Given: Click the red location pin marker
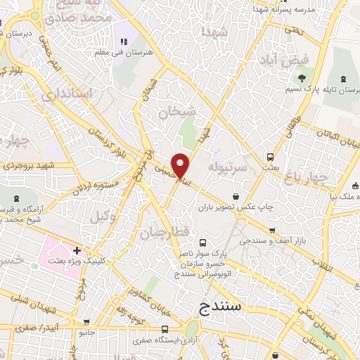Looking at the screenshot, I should [181, 165].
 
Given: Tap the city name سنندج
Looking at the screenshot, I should [214, 308].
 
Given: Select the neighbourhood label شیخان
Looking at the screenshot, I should [174, 111].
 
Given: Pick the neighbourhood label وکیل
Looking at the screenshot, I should [103, 217].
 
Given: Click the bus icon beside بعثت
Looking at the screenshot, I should [270, 157].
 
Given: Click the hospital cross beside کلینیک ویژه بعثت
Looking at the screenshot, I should [77, 250].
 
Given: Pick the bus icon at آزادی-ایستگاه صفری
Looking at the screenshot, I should [165, 329].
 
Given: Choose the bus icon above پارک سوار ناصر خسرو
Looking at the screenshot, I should [203, 241].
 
